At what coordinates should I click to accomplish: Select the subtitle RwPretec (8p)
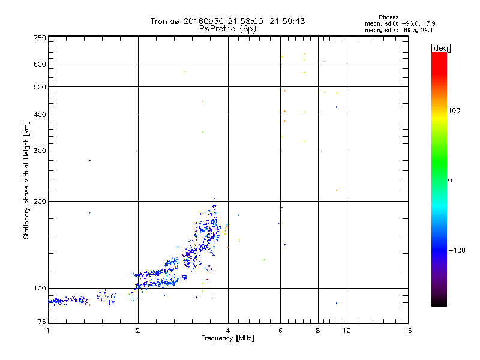point(228,28)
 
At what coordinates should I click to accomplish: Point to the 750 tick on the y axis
point(40,38)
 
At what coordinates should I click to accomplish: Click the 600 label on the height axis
point(40,64)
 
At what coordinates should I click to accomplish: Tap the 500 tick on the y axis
point(40,87)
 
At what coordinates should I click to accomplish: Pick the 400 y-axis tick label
point(40,115)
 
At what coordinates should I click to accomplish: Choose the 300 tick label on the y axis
point(40,151)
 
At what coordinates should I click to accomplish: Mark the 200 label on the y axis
point(40,201)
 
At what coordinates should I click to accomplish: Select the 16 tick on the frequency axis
point(407,331)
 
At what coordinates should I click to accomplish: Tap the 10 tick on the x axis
point(347,331)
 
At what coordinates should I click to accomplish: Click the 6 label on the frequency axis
point(281,331)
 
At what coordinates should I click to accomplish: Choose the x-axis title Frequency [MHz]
point(227,339)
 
